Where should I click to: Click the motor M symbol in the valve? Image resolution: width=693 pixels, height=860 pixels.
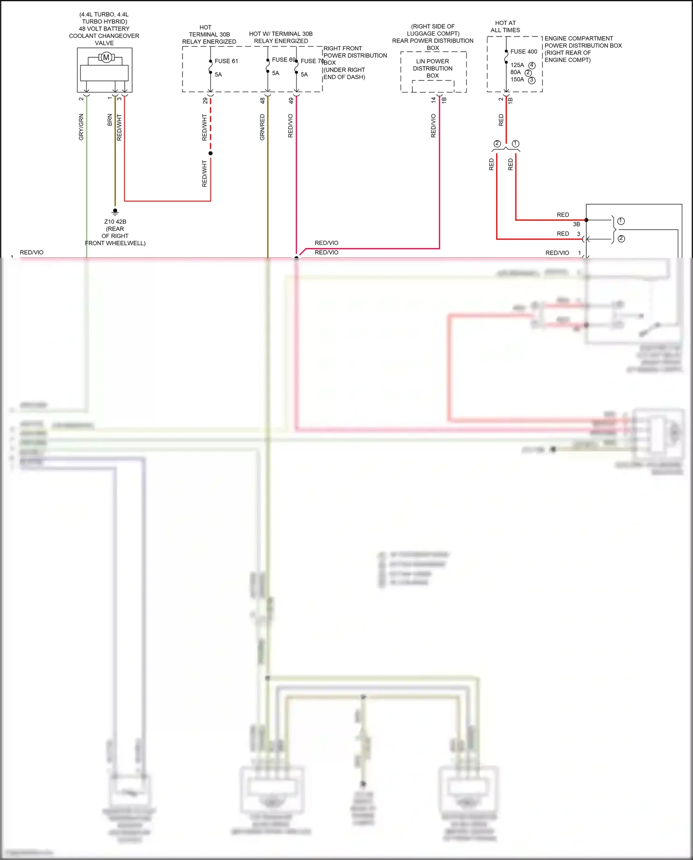click(x=106, y=58)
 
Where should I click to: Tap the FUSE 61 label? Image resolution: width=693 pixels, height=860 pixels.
click(x=226, y=61)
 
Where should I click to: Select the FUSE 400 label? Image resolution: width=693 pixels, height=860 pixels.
click(x=523, y=52)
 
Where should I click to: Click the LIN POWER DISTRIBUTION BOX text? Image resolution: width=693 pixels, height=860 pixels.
click(x=432, y=68)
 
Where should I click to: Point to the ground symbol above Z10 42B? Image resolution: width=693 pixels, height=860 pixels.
click(x=115, y=212)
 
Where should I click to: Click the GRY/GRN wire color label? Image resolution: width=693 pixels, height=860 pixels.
click(x=81, y=127)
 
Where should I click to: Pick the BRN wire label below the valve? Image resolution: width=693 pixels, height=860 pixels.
click(x=109, y=120)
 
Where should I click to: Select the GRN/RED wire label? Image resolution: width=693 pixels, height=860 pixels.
click(x=262, y=127)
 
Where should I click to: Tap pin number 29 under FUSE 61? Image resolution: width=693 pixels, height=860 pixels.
click(x=205, y=100)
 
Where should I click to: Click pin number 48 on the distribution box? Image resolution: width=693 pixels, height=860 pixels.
click(x=262, y=100)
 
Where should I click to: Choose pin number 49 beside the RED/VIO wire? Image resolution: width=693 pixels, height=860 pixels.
click(x=291, y=100)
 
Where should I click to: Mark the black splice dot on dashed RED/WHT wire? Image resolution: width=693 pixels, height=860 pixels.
click(x=211, y=153)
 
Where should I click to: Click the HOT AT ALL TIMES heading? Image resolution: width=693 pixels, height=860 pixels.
click(x=505, y=26)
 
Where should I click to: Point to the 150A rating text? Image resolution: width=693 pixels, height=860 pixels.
click(x=517, y=79)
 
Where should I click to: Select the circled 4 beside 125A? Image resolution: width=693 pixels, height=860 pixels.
click(x=532, y=66)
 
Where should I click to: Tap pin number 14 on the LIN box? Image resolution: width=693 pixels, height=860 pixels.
click(x=433, y=100)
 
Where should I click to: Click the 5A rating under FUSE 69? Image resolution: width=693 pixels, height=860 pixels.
click(x=275, y=73)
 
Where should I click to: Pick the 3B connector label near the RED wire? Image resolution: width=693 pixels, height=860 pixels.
click(x=576, y=224)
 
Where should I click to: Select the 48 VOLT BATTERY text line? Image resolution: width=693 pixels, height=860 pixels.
click(x=104, y=29)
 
